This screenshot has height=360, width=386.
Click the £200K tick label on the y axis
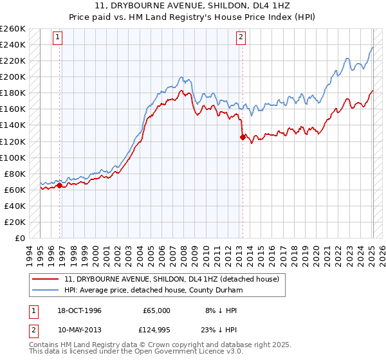point(12,76)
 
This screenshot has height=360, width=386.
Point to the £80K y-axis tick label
point(14,174)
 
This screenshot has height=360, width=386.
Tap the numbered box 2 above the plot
point(241,37)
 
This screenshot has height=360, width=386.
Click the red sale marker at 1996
point(60,185)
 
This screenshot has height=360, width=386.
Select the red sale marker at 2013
point(243,137)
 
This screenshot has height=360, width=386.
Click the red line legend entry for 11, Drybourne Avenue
point(171,279)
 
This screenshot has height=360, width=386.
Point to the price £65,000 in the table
point(156,310)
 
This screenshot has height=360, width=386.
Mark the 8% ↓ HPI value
point(221,310)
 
